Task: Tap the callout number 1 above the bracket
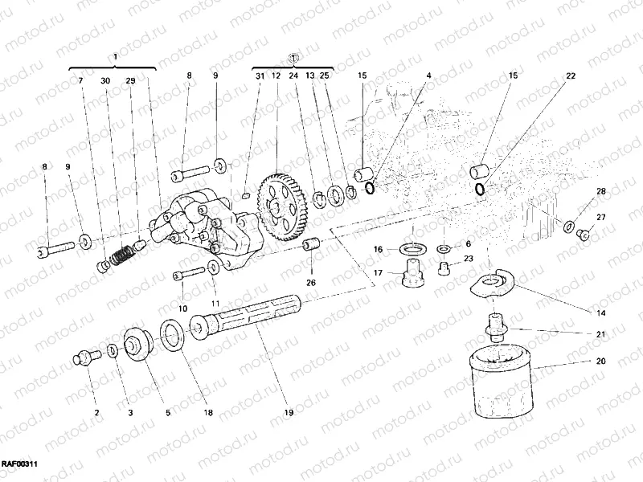coord(115,56)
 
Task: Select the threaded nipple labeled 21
coord(494,329)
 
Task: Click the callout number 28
coord(600,191)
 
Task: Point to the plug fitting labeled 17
coord(412,276)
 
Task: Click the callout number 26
coord(311,282)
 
